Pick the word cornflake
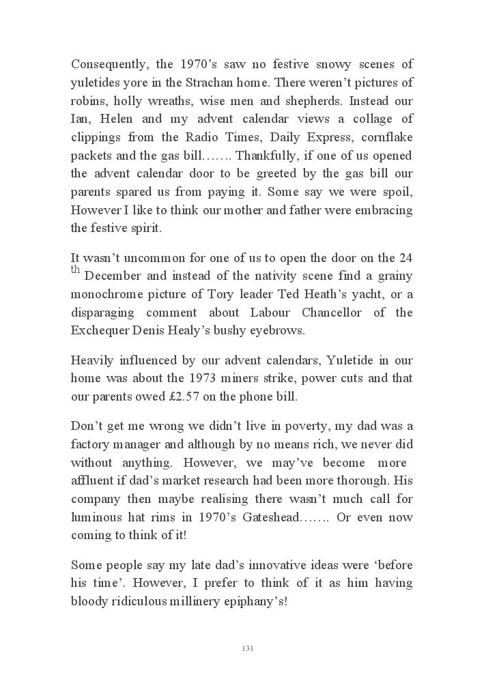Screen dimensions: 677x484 pos(384,137)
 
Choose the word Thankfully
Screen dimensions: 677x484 pos(268,156)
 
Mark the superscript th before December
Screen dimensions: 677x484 pos(76,269)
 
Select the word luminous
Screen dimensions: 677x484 pos(95,517)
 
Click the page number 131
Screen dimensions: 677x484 pos(247,648)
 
